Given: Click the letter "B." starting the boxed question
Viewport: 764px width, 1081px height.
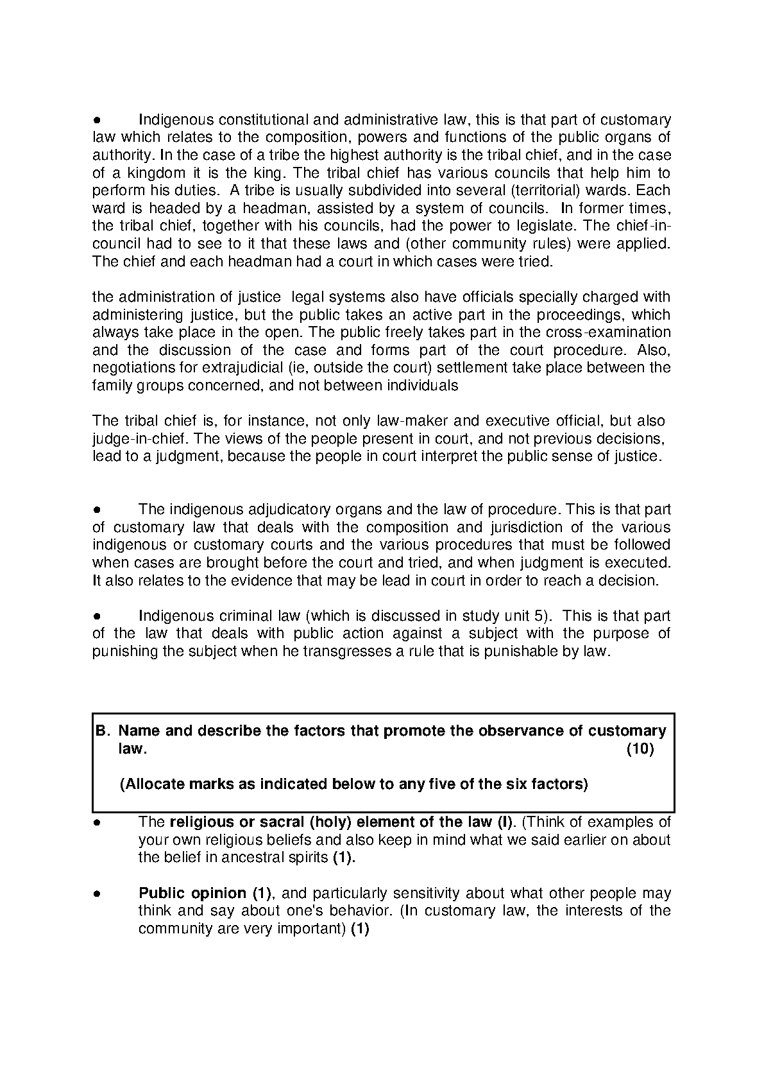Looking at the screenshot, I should tap(103, 731).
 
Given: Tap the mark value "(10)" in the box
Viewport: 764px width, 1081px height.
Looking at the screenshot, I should tap(640, 749).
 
